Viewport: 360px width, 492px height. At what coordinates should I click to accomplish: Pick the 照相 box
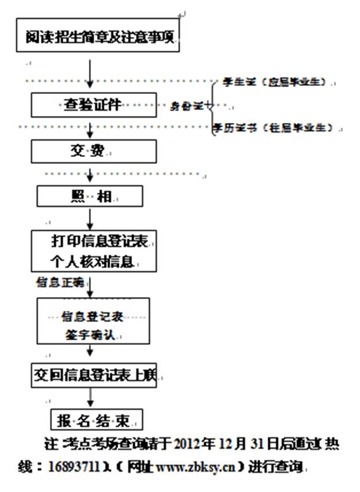tap(89, 196)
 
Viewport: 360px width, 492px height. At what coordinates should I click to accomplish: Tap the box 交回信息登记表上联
tap(93, 375)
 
